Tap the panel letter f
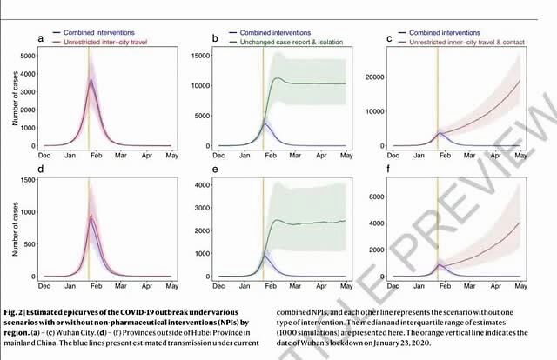point(389,168)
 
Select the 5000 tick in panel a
point(28,55)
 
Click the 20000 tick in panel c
point(372,78)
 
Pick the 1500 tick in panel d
point(28,180)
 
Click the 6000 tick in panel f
point(375,197)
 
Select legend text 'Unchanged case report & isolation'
point(285,41)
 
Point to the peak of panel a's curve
point(91,80)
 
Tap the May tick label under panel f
point(521,286)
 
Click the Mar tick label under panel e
point(297,286)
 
